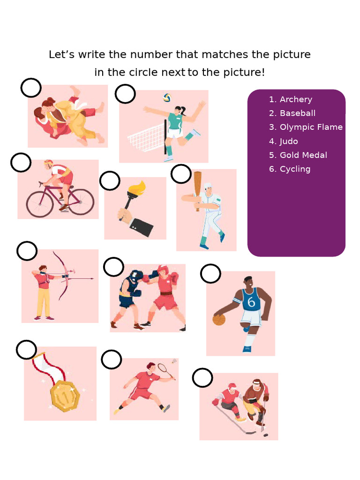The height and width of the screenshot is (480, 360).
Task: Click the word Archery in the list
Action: [296, 99]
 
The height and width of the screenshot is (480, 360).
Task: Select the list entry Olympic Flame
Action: [311, 127]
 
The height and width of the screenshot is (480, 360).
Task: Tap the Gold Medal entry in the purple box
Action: [303, 155]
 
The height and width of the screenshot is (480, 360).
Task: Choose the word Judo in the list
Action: [289, 141]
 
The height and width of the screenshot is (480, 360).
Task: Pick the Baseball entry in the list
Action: [297, 113]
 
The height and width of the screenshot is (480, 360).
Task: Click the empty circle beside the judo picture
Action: [31, 88]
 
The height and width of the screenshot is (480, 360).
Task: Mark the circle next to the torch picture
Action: [110, 181]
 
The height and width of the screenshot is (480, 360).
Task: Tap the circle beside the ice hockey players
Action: [202, 378]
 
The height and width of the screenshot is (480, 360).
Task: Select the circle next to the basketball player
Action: [210, 274]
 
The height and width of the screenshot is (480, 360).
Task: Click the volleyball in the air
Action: [167, 97]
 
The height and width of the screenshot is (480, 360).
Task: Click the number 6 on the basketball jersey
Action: [252, 302]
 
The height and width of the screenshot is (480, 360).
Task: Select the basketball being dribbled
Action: [219, 320]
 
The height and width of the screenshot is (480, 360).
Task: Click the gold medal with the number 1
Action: [65, 396]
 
